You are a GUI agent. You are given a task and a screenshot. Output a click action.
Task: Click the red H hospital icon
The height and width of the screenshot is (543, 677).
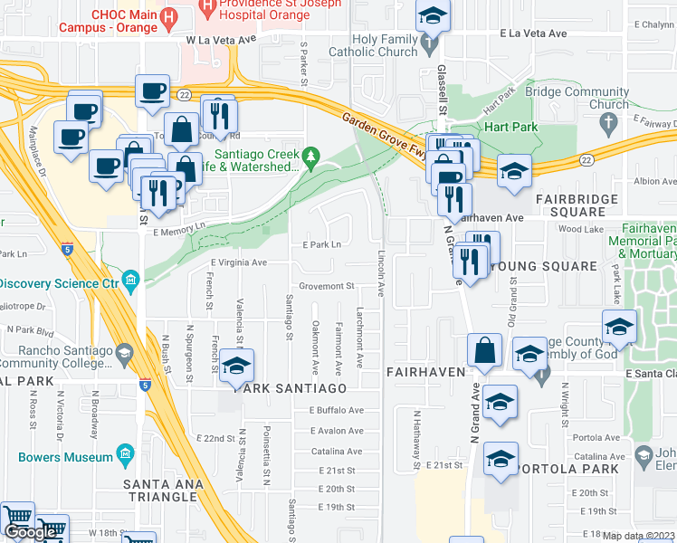pyautogui.click(x=209, y=6)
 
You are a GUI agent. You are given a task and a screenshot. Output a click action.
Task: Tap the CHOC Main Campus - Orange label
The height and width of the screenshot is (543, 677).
pyautogui.click(x=125, y=21)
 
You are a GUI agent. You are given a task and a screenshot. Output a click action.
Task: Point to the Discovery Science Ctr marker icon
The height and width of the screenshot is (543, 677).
pyautogui.click(x=131, y=283)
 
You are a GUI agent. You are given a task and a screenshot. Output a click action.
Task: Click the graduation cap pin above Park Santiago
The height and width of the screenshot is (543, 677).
pyautogui.click(x=237, y=367)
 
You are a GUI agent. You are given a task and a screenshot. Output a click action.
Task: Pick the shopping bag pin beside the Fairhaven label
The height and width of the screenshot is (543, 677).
pyautogui.click(x=485, y=350)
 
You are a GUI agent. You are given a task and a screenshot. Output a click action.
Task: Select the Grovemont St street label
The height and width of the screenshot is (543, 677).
pyautogui.click(x=325, y=286)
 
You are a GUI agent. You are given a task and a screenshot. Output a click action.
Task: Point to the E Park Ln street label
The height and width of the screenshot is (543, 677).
pyautogui.click(x=323, y=244)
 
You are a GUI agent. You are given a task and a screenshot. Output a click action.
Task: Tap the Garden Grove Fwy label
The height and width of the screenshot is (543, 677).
pyautogui.click(x=386, y=135)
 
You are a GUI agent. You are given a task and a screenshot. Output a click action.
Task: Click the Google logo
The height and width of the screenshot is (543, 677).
pyautogui.click(x=30, y=533)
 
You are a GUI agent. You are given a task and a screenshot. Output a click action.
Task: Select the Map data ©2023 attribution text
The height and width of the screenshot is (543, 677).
pyautogui.click(x=639, y=536)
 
